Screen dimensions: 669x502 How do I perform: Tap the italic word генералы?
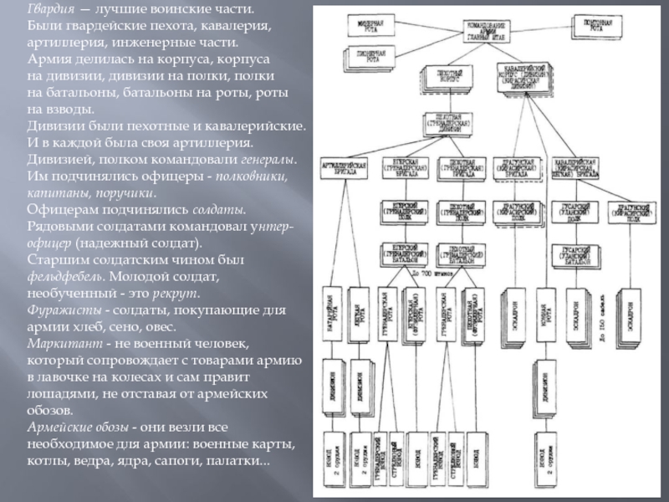click(268, 159)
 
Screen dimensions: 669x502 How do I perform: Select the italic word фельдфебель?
click(59, 277)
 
